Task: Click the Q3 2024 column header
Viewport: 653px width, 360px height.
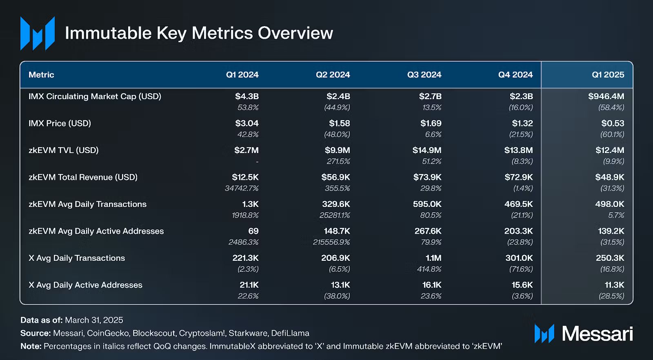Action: click(424, 75)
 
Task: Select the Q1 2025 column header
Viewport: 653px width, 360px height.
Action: click(608, 75)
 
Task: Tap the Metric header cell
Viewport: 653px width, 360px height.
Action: click(41, 75)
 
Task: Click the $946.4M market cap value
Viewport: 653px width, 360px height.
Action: click(606, 96)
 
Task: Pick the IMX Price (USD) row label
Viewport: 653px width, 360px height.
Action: click(60, 123)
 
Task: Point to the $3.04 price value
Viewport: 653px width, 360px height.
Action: click(247, 123)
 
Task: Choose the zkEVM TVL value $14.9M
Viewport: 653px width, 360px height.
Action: click(427, 150)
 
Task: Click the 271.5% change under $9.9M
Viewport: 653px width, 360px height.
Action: click(338, 161)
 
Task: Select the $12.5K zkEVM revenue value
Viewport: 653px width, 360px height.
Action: click(245, 177)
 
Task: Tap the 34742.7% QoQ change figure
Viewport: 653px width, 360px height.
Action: click(242, 188)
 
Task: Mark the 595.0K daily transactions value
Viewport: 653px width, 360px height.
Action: click(427, 204)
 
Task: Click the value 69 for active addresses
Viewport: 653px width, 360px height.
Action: click(253, 231)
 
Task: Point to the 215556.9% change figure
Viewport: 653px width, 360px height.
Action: click(331, 242)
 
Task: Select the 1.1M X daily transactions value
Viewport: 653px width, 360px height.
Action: click(433, 258)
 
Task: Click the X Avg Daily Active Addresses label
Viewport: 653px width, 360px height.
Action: click(85, 285)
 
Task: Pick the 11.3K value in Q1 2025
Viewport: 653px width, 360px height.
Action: click(614, 285)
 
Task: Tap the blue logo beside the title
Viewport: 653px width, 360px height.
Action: click(38, 33)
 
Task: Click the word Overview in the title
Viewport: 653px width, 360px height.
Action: click(295, 33)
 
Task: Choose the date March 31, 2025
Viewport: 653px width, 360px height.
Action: click(94, 320)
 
